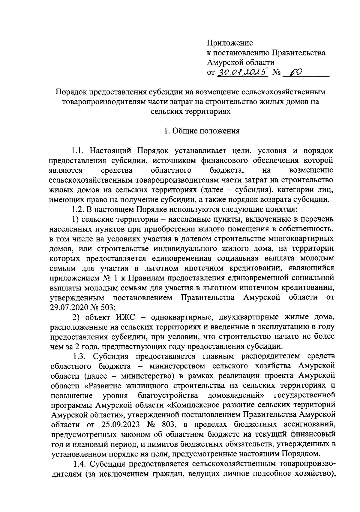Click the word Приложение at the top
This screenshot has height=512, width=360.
pyautogui.click(x=230, y=43)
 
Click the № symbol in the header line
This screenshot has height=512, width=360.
pyautogui.click(x=276, y=73)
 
